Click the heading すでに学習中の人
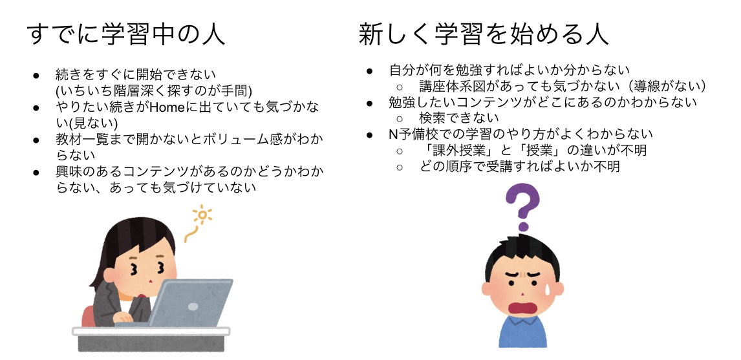127,34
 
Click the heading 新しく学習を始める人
484,34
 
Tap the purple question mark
522,206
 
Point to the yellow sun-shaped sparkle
203,215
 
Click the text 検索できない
458,118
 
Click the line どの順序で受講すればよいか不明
519,166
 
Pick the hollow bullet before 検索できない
400,118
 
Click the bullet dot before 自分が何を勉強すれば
370,71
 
